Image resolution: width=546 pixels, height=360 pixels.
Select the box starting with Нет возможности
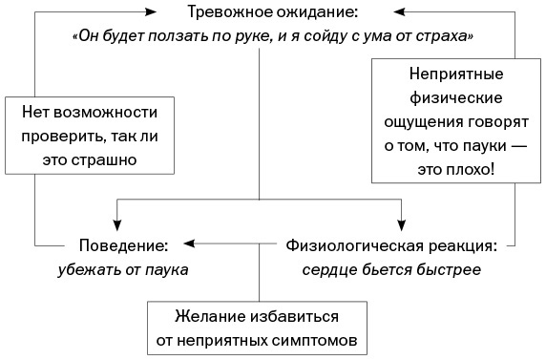tap(89, 136)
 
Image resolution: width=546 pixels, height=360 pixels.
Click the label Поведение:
tap(120, 244)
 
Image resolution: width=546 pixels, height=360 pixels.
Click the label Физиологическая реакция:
tap(391, 244)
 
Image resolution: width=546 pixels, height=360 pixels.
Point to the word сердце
tap(328, 268)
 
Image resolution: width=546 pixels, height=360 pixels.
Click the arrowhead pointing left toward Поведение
tap(189, 244)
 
